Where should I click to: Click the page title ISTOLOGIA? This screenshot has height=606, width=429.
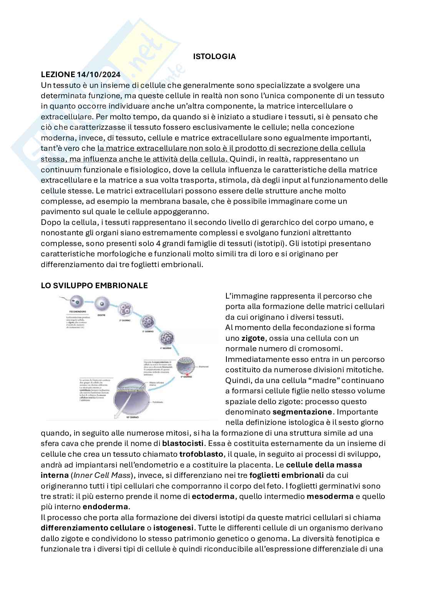214,56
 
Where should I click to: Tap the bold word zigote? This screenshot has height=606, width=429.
253,338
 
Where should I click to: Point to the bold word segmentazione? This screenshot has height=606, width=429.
302,412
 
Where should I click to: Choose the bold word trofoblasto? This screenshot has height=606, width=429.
201,454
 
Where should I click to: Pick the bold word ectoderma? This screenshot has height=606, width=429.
213,496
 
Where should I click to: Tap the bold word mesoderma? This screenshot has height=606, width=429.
330,496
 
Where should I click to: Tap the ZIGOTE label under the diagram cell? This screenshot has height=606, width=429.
101,315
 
